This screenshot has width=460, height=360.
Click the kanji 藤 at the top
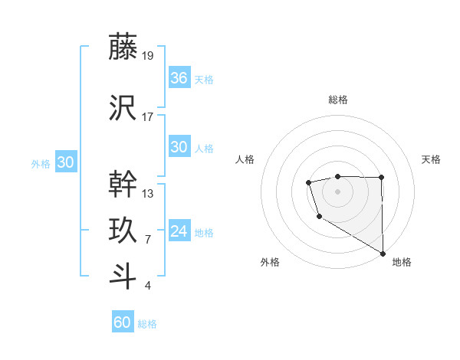pos(123,47)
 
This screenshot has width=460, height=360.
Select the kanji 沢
pos(123,108)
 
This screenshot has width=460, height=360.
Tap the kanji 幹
pos(123,183)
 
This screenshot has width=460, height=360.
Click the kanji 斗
pos(123,277)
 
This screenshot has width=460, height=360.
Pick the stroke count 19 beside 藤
pos(148,56)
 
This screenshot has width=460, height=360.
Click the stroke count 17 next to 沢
pos(148,117)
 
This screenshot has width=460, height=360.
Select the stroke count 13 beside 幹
pos(148,193)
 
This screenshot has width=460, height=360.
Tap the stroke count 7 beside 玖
pos(148,240)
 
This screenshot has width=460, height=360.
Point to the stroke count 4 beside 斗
pos(148,286)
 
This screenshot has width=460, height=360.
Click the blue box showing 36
pos(179,78)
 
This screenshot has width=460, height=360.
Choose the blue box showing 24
pos(179,231)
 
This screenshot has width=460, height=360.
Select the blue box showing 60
pos(123,322)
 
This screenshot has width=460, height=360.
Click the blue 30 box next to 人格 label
pos(179,147)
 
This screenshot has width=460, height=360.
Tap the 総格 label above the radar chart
pos(338,100)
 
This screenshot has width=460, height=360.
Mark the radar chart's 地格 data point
pos(383,254)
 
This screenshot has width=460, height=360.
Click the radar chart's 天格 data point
pos(382,178)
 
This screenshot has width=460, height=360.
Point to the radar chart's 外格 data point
pos(318,217)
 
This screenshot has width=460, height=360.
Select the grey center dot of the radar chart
pos(338,191)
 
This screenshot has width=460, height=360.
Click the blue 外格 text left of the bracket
pos(41,163)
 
